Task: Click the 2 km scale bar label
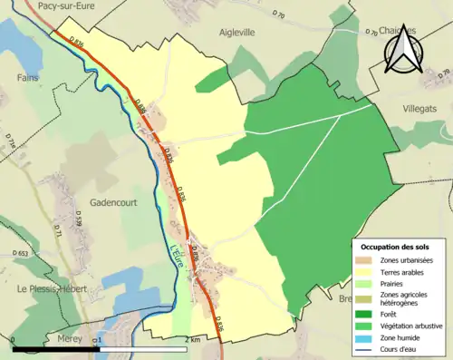tap(193, 339)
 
